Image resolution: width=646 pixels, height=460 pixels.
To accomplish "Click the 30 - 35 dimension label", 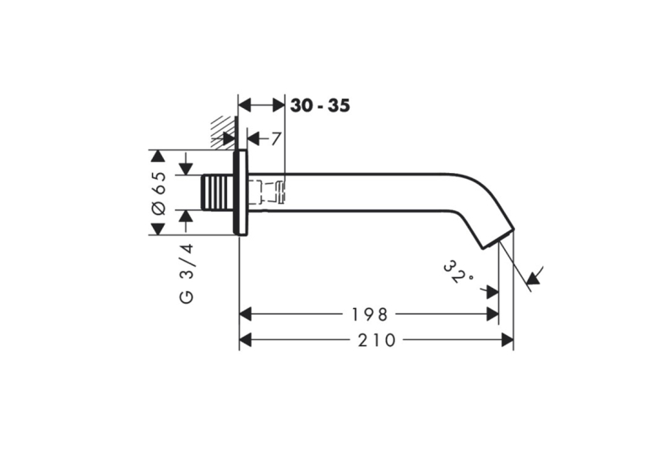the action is (320, 106).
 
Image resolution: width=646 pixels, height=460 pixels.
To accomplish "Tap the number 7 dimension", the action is (275, 138).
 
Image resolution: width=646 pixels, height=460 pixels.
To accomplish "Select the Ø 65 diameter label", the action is (159, 192).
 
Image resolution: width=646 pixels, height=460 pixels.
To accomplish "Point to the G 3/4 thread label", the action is (187, 273).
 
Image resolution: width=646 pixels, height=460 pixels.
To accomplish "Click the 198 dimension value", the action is (370, 315).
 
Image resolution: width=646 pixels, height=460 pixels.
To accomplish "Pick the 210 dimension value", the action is (377, 340).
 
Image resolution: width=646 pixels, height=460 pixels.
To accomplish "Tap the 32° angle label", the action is (458, 272).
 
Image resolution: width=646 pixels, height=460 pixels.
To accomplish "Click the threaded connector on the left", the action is (217, 192).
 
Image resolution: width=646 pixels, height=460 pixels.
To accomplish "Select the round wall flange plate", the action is (240, 192).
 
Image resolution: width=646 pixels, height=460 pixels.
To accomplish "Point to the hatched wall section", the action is (223, 131).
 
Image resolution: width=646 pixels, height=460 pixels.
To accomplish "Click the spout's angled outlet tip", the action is (499, 239).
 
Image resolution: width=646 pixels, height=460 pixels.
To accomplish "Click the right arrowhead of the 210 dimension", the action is (508, 340).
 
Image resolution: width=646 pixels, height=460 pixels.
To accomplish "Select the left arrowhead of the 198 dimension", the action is (246, 315).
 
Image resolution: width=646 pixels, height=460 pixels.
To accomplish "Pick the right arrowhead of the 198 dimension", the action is (493, 315).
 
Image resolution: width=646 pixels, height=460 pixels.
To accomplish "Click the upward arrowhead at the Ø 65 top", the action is (158, 156).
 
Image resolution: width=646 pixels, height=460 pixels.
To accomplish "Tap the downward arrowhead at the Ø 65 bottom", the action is (158, 230).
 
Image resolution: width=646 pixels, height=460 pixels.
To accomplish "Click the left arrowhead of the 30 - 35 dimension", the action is (245, 106).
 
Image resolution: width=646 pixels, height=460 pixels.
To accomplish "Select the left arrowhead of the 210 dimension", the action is (246, 340).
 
